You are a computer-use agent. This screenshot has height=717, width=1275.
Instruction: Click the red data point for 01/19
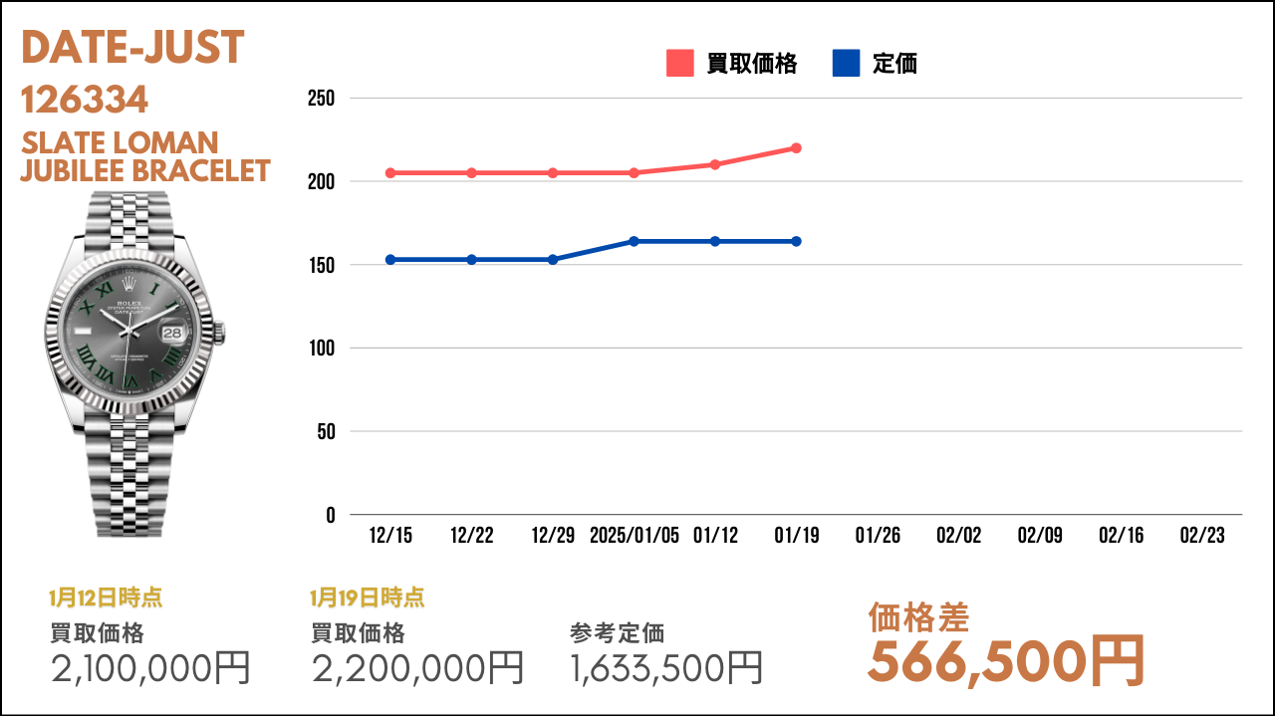click(796, 148)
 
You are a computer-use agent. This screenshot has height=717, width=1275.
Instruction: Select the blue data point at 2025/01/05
click(634, 241)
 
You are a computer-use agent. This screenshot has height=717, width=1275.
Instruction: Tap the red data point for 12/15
click(390, 173)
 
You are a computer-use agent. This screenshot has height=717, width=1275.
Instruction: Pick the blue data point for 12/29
click(553, 260)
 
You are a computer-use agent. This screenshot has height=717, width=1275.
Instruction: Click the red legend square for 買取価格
click(680, 63)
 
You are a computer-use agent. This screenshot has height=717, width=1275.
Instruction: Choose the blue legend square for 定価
click(846, 63)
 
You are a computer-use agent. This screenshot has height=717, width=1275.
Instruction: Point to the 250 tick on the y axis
click(321, 99)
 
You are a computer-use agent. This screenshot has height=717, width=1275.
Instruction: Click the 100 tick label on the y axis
click(322, 348)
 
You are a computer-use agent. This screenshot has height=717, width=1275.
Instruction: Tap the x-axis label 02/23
click(1202, 535)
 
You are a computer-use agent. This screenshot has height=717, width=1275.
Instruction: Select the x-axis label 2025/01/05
click(635, 535)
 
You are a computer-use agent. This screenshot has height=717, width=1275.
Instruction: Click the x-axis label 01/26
click(878, 535)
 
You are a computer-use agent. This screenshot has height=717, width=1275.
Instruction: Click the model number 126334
click(85, 100)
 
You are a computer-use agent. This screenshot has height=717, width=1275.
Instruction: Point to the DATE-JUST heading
click(132, 47)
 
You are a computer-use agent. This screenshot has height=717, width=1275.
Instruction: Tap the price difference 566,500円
click(1006, 661)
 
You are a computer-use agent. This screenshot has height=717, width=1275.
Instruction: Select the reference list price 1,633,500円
click(666, 667)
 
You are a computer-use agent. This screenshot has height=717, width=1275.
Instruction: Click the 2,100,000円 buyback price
click(150, 667)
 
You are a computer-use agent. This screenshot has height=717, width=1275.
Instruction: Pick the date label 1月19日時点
click(368, 597)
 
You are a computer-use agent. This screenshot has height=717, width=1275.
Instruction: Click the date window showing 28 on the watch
click(172, 333)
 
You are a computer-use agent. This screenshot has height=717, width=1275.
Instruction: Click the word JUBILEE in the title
click(73, 171)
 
